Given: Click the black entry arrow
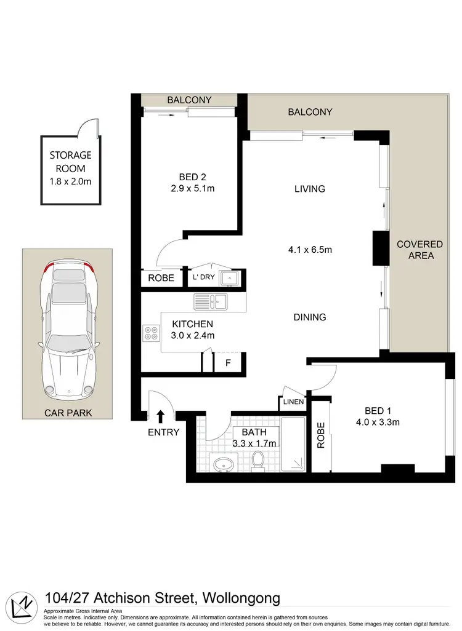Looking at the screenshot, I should pyautogui.click(x=160, y=416).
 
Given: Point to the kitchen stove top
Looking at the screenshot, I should pyautogui.click(x=151, y=333).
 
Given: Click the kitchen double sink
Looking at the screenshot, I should pyautogui.click(x=211, y=301).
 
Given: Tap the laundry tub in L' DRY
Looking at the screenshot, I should pyautogui.click(x=230, y=279).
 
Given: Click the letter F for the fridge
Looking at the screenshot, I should pyautogui.click(x=227, y=362).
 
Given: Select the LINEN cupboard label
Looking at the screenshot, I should pyautogui.click(x=293, y=402).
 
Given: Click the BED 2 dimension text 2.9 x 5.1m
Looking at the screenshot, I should pyautogui.click(x=193, y=188).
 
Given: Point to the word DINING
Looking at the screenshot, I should pyautogui.click(x=309, y=317).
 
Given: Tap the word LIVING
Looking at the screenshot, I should pyautogui.click(x=309, y=189).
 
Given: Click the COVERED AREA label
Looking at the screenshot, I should pyautogui.click(x=419, y=250).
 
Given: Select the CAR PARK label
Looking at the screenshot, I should pyautogui.click(x=68, y=413).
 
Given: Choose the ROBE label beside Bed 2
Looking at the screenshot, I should pyautogui.click(x=161, y=278).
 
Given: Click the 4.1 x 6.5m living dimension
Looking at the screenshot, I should pyautogui.click(x=310, y=250).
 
